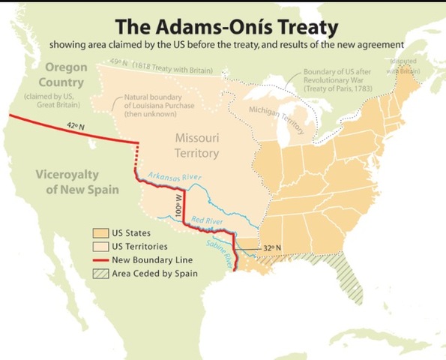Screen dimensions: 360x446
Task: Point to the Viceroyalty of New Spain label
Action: (76, 181)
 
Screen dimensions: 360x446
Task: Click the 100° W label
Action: (179, 205)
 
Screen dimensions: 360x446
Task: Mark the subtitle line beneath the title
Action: (223, 45)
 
